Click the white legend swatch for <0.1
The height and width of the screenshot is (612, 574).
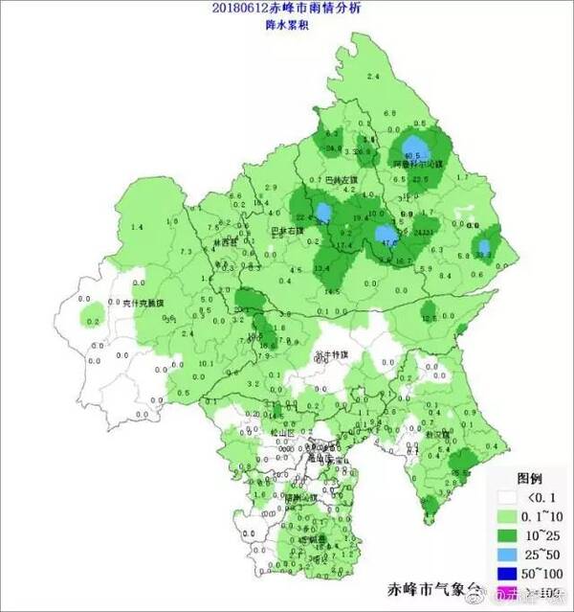tap(507, 498)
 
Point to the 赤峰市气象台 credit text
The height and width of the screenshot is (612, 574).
tap(430, 588)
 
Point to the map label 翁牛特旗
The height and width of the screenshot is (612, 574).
tap(331, 354)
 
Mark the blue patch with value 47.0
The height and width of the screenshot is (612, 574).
tap(387, 236)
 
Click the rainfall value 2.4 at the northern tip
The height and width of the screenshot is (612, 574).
tap(373, 75)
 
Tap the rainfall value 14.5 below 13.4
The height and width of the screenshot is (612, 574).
tap(332, 290)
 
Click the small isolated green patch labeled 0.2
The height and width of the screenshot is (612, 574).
tap(92, 317)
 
